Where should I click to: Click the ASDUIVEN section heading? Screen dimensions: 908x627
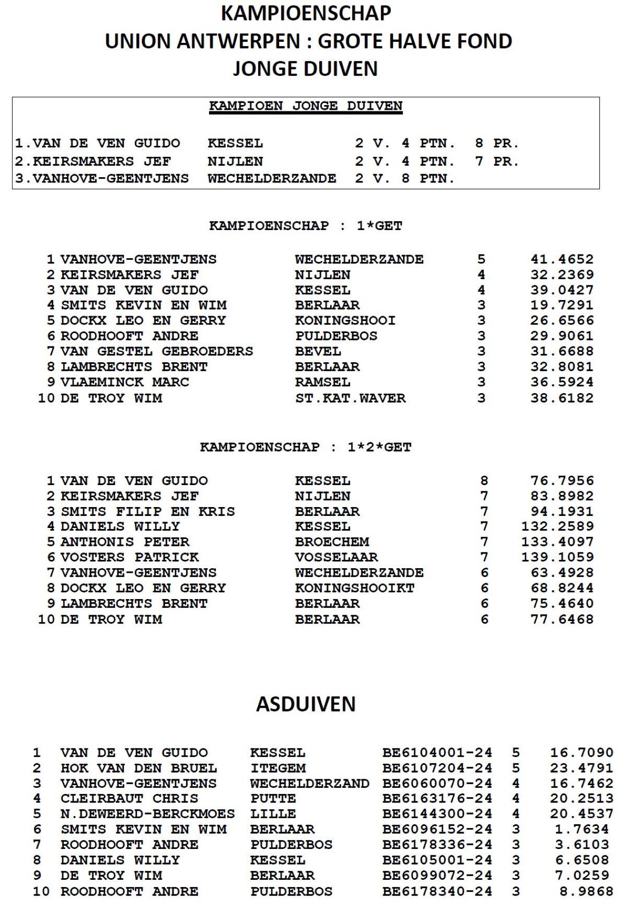(x=306, y=704)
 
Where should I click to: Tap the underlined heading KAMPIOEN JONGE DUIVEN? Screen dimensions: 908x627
(x=306, y=106)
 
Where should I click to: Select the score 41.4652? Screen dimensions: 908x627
(x=562, y=259)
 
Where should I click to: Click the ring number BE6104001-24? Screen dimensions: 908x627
(x=437, y=753)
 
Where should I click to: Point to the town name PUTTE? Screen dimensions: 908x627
(x=273, y=799)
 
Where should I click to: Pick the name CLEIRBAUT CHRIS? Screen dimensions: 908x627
(x=129, y=799)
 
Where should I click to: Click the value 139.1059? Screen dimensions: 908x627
(x=557, y=557)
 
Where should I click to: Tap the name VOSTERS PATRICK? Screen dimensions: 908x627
(x=129, y=557)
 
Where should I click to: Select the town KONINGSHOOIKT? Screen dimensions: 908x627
(x=354, y=588)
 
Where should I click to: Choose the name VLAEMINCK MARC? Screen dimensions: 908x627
(x=124, y=382)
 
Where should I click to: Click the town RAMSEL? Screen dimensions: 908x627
(x=322, y=382)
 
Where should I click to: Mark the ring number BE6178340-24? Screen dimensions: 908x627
(x=437, y=891)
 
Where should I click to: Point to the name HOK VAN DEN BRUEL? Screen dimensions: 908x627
(x=138, y=768)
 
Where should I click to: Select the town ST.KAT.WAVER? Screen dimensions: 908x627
(x=350, y=398)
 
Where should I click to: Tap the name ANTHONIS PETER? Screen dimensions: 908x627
(x=124, y=542)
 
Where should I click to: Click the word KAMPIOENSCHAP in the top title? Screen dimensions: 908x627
(x=306, y=14)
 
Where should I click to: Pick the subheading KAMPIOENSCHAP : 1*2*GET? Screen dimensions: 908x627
(x=306, y=447)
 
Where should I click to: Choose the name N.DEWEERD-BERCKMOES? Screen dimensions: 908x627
(x=147, y=814)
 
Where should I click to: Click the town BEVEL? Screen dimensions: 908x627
(x=318, y=351)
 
